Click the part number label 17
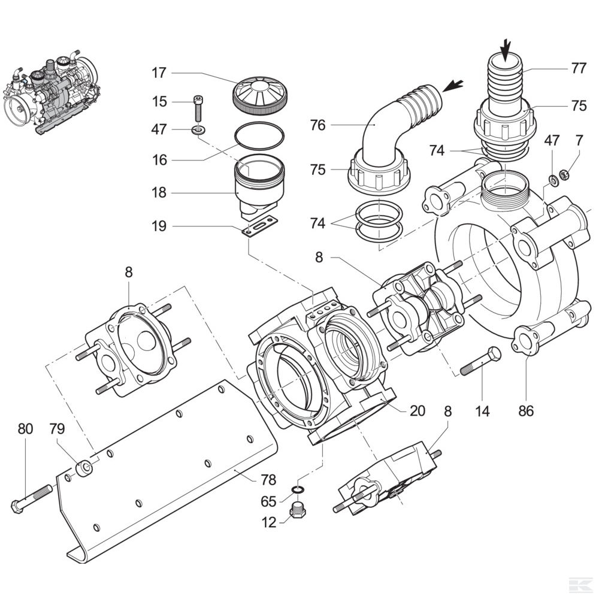[x=158, y=73]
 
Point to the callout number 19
[x=158, y=226]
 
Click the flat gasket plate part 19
[x=260, y=226]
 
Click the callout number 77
[x=578, y=68]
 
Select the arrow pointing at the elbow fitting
[x=453, y=85]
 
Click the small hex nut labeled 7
[x=563, y=175]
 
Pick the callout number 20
[x=418, y=411]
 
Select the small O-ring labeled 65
[x=297, y=491]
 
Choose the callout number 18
[x=158, y=193]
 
